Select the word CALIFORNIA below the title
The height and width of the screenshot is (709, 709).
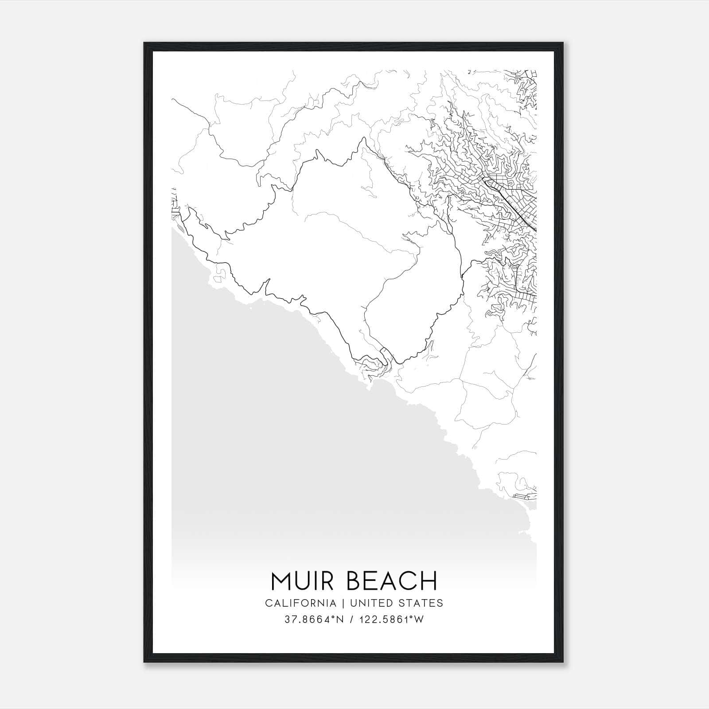pos(300,603)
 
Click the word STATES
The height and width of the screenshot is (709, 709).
pos(422,603)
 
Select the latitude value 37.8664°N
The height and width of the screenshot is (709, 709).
pos(315,619)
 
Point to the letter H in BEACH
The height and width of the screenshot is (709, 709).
pos(429,581)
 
